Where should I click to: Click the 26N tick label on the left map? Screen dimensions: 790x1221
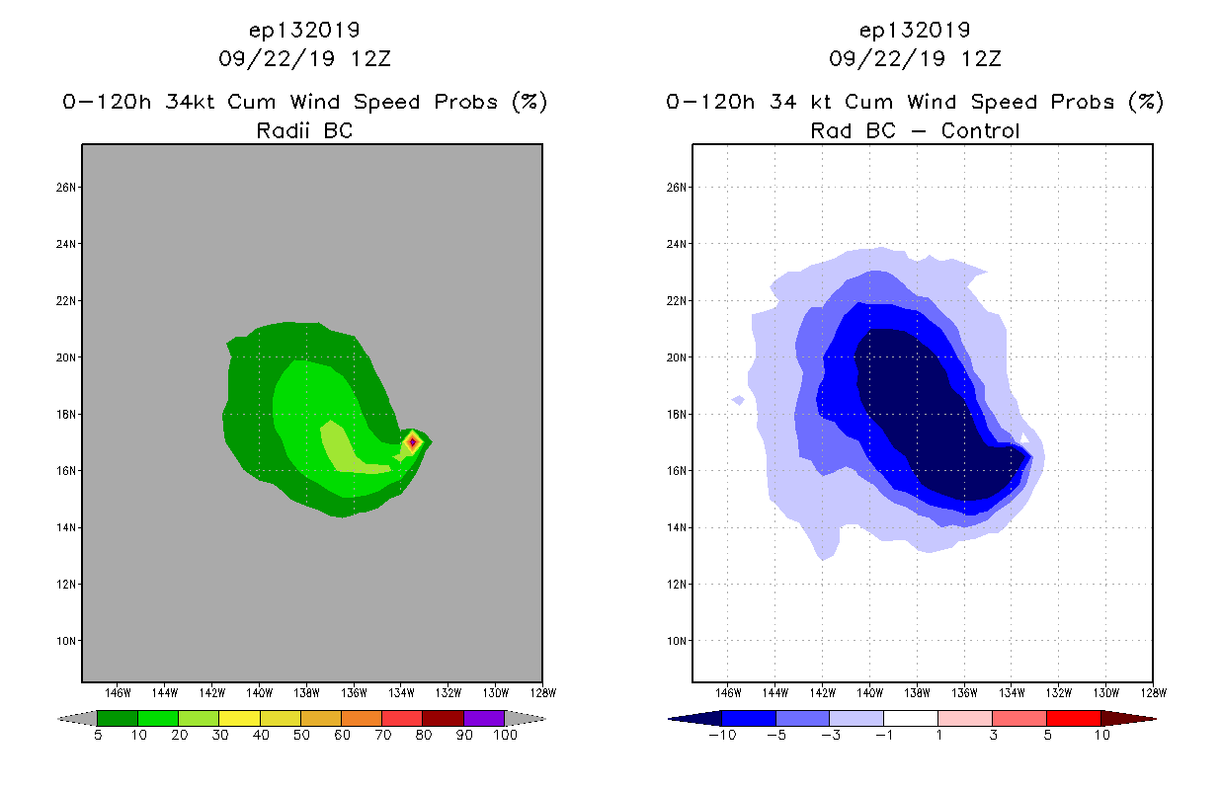coord(65,188)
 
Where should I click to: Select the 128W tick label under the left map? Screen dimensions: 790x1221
coord(541,691)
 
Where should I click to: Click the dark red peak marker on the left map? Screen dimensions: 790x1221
coord(412,441)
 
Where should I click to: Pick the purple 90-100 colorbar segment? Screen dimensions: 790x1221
coord(484,719)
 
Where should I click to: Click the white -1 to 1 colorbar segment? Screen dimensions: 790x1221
coord(910,719)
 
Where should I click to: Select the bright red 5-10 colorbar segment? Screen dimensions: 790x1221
coord(1072,719)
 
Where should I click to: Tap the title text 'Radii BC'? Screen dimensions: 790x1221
coord(304,130)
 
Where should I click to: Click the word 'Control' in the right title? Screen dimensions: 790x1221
coord(980,130)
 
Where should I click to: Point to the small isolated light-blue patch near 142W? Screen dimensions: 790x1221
coord(738,400)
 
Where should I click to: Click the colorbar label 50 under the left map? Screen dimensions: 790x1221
coord(300,735)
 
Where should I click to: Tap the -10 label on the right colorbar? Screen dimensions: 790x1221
coord(720,735)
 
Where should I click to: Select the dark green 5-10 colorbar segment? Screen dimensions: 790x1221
coord(118,719)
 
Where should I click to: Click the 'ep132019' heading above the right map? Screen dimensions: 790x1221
coord(915,30)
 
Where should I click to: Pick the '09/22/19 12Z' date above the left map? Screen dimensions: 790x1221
coord(304,58)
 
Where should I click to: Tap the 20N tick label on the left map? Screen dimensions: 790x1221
coord(65,357)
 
